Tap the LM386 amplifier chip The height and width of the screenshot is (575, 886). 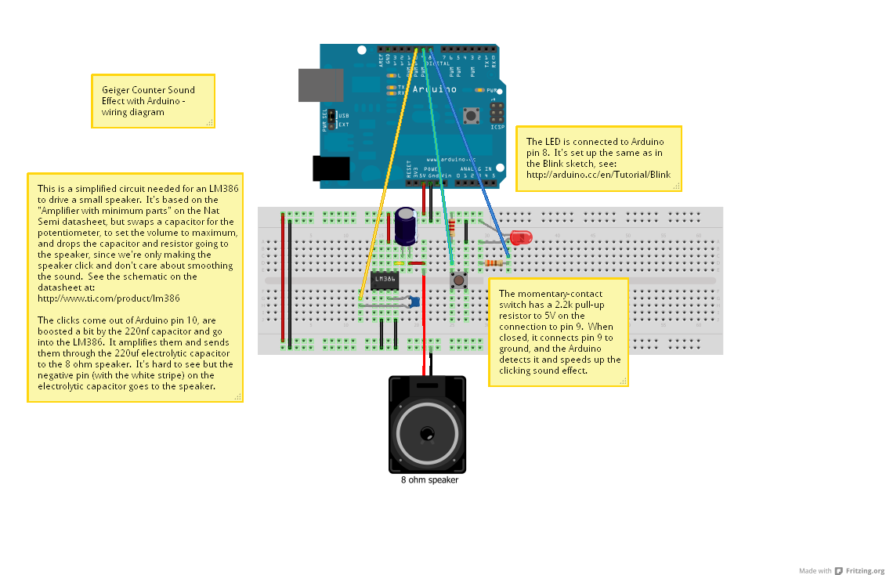tap(385, 280)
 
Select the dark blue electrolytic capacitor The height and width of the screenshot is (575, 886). tap(406, 225)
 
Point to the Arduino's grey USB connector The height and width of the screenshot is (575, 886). tap(320, 85)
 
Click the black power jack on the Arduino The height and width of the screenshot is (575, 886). tap(331, 168)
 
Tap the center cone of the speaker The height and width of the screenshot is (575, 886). tap(427, 432)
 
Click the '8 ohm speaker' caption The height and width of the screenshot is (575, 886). tap(429, 480)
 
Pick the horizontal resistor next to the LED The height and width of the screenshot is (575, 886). tap(494, 263)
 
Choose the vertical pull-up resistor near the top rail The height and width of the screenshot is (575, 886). tap(451, 227)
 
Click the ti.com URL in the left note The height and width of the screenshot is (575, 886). tap(109, 298)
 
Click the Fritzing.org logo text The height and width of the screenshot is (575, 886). tap(865, 570)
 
